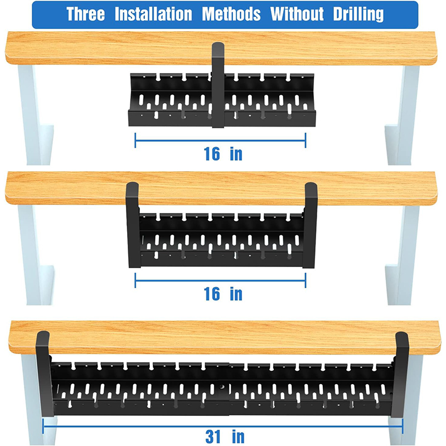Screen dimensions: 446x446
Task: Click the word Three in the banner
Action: (86, 14)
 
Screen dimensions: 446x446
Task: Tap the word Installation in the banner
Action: (153, 14)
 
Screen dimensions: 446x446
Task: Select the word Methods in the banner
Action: (231, 14)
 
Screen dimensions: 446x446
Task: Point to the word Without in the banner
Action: (297, 14)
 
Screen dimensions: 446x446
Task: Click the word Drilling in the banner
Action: (358, 15)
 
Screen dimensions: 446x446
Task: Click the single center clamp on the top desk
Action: (218, 85)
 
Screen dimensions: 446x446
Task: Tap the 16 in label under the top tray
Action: (223, 154)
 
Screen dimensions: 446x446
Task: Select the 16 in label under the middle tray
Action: (223, 294)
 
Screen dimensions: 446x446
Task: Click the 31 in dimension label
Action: (225, 437)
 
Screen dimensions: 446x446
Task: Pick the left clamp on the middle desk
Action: (133, 225)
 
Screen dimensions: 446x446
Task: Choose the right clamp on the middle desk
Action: (310, 225)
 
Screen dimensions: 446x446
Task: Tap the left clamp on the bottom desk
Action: (45, 374)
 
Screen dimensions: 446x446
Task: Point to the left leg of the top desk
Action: (36, 115)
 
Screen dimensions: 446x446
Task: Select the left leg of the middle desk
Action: (36, 255)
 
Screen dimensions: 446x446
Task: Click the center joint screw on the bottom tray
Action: (222, 386)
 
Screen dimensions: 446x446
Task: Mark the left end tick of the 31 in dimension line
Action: (43, 426)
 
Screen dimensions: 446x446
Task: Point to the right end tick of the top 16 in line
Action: (306, 140)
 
